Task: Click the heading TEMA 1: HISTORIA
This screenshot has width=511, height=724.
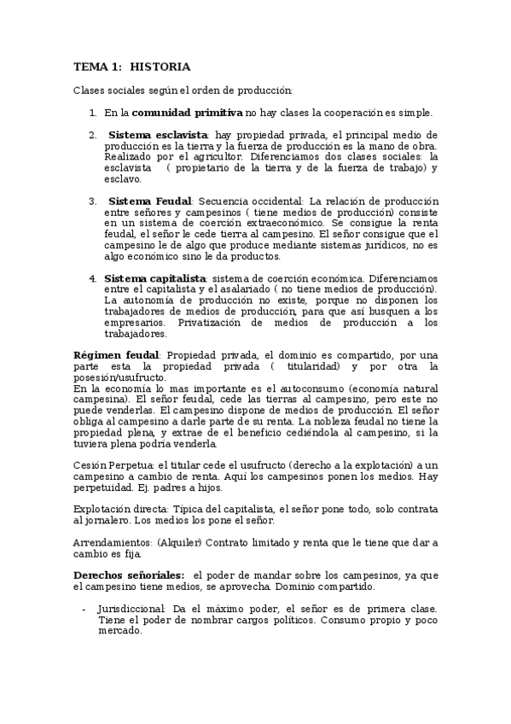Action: click(x=132, y=67)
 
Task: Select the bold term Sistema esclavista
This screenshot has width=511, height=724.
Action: click(x=159, y=135)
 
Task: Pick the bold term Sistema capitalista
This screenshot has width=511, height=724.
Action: click(x=155, y=278)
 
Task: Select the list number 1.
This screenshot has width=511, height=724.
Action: click(x=92, y=112)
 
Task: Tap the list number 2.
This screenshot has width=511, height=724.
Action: click(x=92, y=135)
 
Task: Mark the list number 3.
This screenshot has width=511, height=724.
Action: click(x=92, y=201)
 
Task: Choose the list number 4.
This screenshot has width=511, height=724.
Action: click(x=92, y=278)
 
